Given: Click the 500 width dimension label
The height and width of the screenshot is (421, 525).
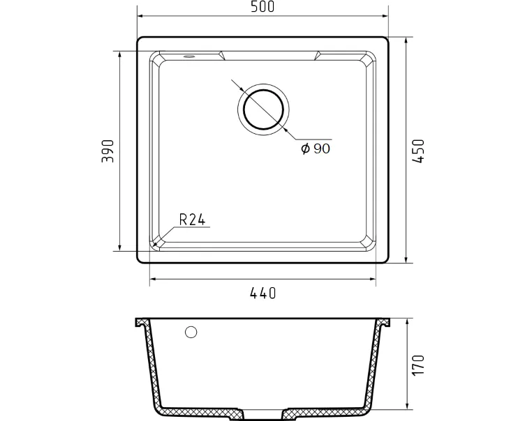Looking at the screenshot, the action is pos(262,7).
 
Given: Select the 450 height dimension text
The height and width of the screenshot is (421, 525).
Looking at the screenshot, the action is pos(418,151).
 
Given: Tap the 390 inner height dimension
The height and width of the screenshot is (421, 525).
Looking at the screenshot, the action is pos(108,151).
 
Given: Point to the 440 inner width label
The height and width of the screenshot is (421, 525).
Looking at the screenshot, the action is pos(262,293).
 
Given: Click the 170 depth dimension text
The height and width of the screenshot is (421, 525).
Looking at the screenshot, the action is pos(418,365).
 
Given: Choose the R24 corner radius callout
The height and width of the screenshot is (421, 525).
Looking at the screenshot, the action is pos(192,220).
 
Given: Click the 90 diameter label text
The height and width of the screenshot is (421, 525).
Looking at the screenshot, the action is pos(322,148).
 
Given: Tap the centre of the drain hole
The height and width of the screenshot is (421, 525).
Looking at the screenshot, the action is pos(263,109).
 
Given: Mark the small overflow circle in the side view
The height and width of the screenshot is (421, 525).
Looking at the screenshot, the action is pos(191,332).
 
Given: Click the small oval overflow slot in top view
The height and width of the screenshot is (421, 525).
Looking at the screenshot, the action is pos(188,56).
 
